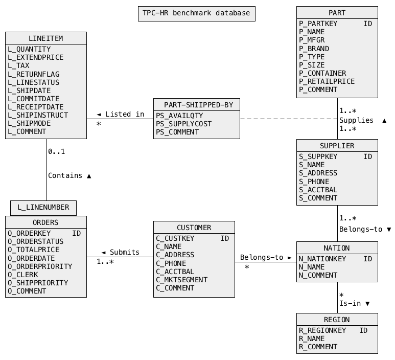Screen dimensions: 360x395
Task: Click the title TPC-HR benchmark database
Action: (196, 13)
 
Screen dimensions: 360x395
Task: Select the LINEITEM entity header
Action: (45, 38)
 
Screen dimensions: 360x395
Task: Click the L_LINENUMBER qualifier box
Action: (43, 208)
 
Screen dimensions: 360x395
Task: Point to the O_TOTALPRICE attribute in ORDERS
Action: (33, 250)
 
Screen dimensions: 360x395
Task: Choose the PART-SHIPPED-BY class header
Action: (196, 105)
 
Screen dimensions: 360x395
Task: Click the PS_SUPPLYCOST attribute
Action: (183, 124)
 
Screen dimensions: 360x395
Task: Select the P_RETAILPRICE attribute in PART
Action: (327, 81)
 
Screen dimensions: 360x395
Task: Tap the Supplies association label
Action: (356, 120)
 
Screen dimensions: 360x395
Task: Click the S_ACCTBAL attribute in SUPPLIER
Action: (318, 190)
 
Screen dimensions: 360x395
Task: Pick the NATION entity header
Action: (337, 248)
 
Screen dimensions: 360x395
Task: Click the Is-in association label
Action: (350, 304)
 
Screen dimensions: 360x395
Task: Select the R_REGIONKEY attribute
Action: (322, 330)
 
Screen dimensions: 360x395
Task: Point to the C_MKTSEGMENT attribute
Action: (182, 280)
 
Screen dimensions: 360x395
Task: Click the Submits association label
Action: (124, 252)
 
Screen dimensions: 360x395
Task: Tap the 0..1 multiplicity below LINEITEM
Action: (56, 152)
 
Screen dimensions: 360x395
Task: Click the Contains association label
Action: (65, 175)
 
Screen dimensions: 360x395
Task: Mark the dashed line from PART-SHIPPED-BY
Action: (286, 119)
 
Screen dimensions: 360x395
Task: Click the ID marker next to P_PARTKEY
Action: (367, 24)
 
